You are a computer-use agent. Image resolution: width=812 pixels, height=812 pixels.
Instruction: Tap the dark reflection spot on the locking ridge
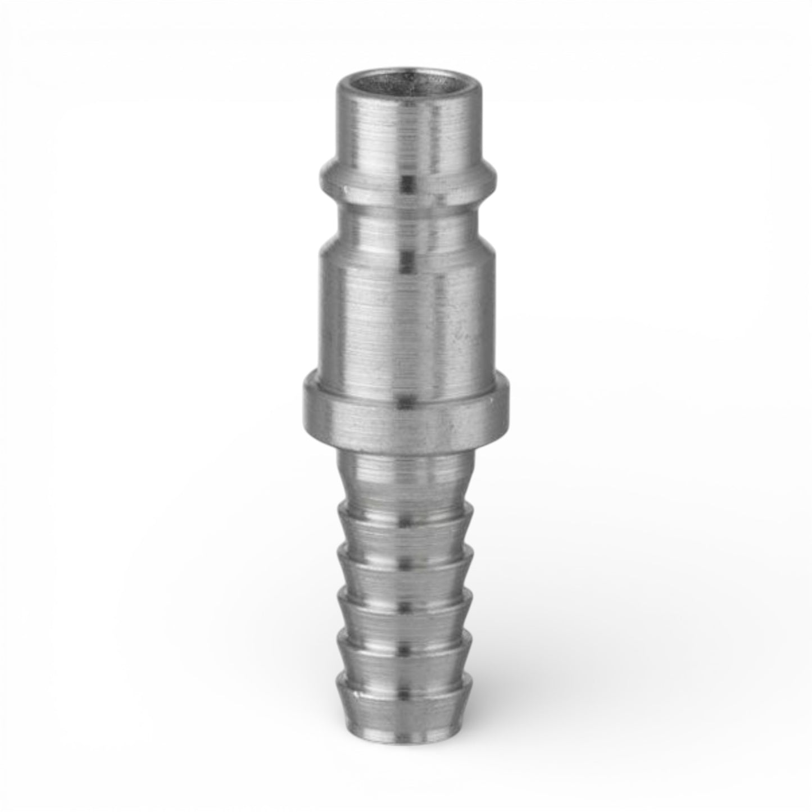click(x=405, y=180)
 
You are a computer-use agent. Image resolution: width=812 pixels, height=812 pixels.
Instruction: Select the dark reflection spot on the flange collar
click(x=404, y=402)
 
